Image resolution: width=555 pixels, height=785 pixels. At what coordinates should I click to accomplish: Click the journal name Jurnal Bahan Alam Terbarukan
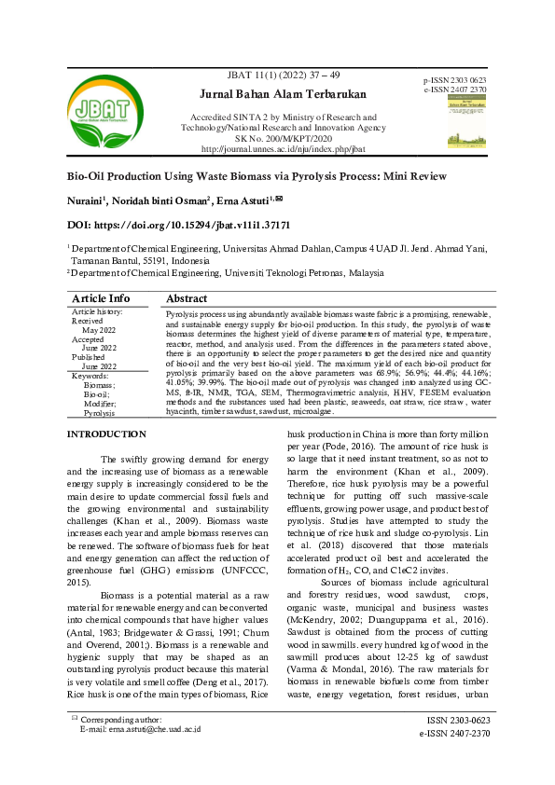click(x=283, y=94)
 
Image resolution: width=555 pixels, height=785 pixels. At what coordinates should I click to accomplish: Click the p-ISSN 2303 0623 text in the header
click(x=454, y=81)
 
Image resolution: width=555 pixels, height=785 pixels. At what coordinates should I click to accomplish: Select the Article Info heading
click(x=102, y=298)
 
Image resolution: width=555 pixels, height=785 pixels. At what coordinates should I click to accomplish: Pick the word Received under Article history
click(x=88, y=320)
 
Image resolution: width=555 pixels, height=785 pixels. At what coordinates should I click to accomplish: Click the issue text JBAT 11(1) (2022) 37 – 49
click(x=283, y=74)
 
